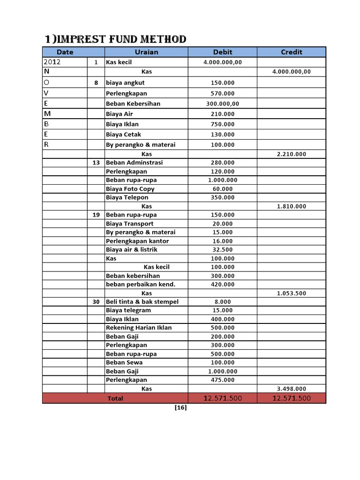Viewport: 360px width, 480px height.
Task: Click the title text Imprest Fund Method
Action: (x=115, y=39)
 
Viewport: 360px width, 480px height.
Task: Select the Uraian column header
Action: (x=146, y=52)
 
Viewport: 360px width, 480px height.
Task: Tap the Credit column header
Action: (x=291, y=52)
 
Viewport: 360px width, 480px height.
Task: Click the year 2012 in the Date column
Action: (x=52, y=62)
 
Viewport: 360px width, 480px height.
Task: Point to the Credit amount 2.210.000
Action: (x=291, y=154)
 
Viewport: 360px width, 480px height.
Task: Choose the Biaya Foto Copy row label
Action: (x=130, y=189)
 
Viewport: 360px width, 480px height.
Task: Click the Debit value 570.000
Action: (x=223, y=93)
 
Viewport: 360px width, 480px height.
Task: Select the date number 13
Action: (x=96, y=163)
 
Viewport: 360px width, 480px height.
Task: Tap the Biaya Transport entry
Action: (x=129, y=224)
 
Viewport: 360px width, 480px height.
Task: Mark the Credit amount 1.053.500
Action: (x=291, y=293)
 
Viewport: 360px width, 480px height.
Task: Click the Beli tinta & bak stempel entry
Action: (x=142, y=302)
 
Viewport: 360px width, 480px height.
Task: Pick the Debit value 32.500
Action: (x=223, y=250)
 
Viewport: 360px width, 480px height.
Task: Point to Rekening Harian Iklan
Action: (x=139, y=328)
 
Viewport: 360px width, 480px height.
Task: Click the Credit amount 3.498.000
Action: (x=291, y=389)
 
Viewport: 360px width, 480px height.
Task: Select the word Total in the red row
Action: (x=115, y=398)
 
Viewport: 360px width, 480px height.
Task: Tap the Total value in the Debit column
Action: (x=223, y=398)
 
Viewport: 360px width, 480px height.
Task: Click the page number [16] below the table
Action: (x=180, y=408)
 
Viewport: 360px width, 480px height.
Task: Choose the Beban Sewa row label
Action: (x=124, y=362)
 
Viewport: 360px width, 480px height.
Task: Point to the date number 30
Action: (x=96, y=302)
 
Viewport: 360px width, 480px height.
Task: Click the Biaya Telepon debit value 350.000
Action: (x=223, y=197)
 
